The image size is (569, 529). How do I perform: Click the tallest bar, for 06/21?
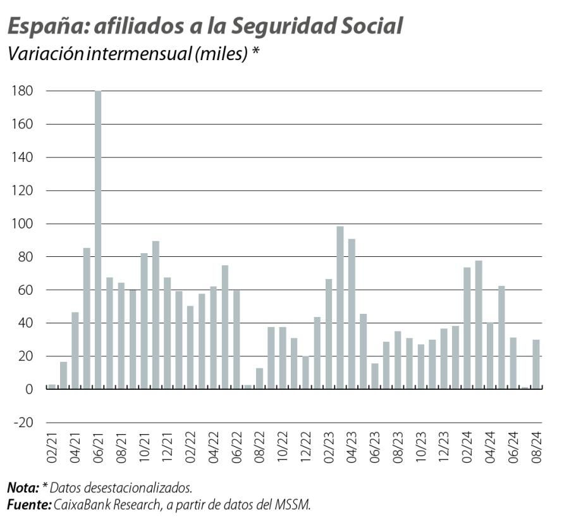(98, 240)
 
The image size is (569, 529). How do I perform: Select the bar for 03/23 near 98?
(340, 308)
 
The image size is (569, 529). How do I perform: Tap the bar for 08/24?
(536, 364)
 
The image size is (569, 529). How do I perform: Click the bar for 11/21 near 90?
(156, 315)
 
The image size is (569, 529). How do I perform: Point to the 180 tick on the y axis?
(23, 91)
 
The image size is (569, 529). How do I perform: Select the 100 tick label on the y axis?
(23, 224)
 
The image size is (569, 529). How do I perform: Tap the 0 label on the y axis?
(29, 389)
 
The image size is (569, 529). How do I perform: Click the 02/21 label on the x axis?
(52, 449)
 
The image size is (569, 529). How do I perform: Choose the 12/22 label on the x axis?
(305, 449)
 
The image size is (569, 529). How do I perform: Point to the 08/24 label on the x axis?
(536, 449)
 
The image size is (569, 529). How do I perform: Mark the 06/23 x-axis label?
(375, 449)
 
